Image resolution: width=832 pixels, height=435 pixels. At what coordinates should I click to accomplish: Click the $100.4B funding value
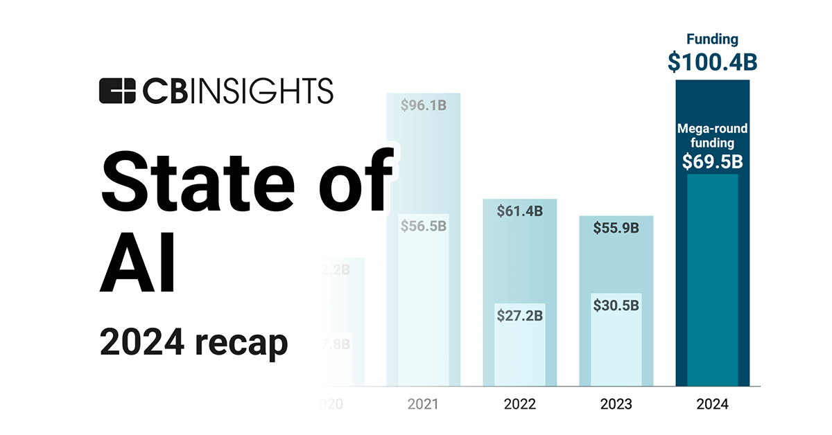712,61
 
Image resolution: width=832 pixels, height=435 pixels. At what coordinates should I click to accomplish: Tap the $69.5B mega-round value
712,161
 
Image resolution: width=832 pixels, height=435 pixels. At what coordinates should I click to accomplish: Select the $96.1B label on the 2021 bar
423,106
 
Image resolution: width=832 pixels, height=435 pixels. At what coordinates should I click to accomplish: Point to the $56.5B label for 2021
423,226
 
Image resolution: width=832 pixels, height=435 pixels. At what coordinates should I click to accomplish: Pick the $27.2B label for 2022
519,314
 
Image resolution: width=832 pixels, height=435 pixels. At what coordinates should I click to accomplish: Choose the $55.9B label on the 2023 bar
616,227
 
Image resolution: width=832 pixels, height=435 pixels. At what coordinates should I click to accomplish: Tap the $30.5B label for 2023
616,305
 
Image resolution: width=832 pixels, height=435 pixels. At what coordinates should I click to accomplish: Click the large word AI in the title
139,267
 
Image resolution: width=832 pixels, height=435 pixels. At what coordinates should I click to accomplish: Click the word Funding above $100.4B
712,39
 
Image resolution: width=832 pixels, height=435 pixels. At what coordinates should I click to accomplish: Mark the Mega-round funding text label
712,135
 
